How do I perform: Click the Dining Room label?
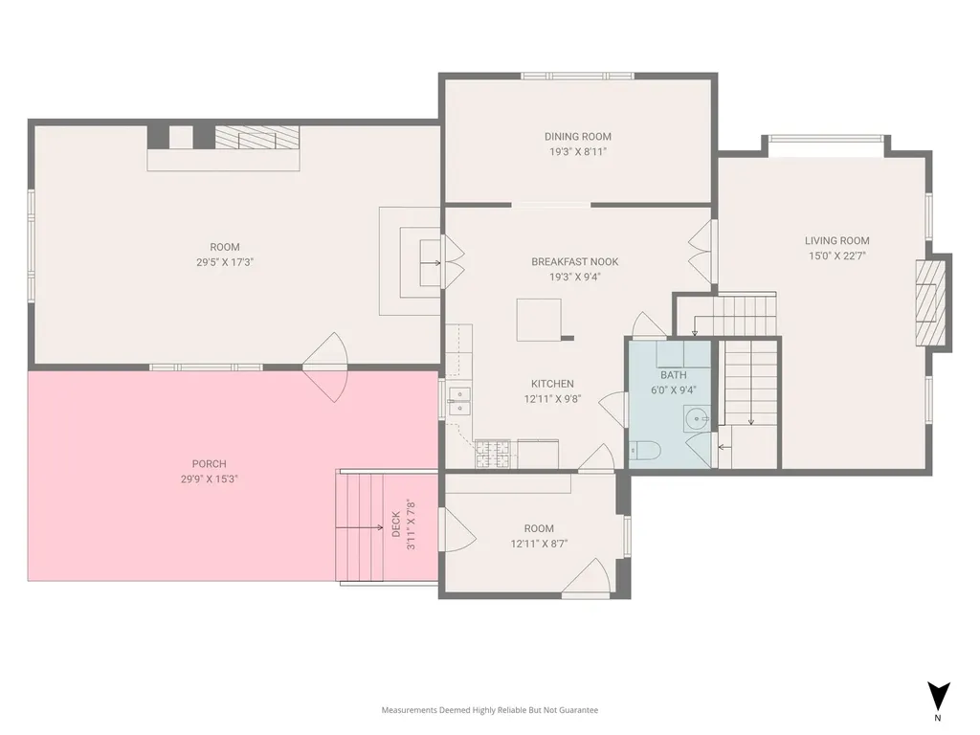577,136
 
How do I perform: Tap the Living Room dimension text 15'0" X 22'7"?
836,256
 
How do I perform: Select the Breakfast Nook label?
575,262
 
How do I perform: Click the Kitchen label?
552,384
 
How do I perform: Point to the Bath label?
674,375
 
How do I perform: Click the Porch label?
210,464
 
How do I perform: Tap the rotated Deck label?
396,525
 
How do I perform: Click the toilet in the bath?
644,450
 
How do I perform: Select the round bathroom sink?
696,417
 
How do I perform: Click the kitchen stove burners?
493,455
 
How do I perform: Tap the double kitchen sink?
459,402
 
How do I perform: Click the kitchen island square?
539,320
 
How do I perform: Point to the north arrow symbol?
938,697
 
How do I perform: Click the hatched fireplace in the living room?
930,302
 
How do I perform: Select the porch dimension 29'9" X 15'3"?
209,479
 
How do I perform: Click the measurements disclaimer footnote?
490,710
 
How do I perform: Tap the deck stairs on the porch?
360,527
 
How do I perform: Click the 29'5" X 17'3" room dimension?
224,262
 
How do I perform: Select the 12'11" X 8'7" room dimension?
539,544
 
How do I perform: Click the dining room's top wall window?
577,77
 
